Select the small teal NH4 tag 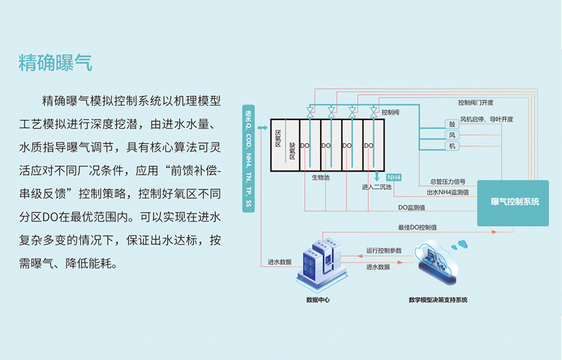[394, 177]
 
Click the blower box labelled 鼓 [452, 124]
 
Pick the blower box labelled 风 [452, 135]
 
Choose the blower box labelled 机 [452, 145]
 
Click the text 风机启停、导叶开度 [486, 119]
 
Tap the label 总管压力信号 [448, 181]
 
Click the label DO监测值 [411, 207]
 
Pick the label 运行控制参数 [384, 250]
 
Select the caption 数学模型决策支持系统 [438, 300]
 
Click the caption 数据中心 [318, 300]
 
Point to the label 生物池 [321, 178]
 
